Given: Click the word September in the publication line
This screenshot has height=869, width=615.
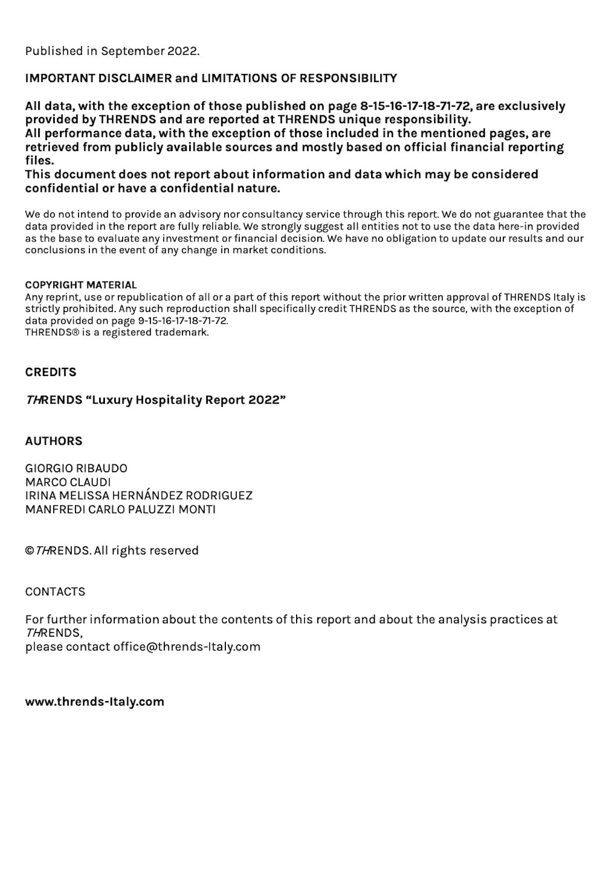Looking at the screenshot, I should click(133, 51).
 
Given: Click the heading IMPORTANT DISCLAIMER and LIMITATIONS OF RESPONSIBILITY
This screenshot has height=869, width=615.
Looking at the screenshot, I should click(211, 78).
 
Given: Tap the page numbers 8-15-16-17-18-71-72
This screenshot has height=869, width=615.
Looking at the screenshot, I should click(416, 106).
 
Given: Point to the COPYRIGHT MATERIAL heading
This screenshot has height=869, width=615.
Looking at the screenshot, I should click(81, 285).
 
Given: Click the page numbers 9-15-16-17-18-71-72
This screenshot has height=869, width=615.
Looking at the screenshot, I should click(182, 321).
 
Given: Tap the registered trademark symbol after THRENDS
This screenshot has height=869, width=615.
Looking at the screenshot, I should click(75, 333).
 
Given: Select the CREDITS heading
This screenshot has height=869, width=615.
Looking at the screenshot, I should click(51, 372).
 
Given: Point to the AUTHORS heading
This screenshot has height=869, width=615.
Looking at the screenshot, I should click(54, 441).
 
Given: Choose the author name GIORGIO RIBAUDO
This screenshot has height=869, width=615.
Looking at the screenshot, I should click(76, 469).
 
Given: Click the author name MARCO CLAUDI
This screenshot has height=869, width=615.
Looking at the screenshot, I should click(68, 482).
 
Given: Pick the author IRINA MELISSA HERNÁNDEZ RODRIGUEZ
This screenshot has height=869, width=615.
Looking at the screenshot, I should click(139, 496).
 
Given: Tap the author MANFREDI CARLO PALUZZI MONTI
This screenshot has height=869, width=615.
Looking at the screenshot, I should click(120, 510).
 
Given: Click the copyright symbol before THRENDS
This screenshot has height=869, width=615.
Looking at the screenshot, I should click(29, 551).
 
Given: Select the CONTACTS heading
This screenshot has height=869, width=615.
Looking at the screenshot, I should click(55, 592).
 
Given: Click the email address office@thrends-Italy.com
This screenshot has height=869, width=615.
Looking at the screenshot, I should click(187, 647).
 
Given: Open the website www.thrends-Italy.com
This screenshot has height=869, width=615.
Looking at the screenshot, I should click(95, 702).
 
